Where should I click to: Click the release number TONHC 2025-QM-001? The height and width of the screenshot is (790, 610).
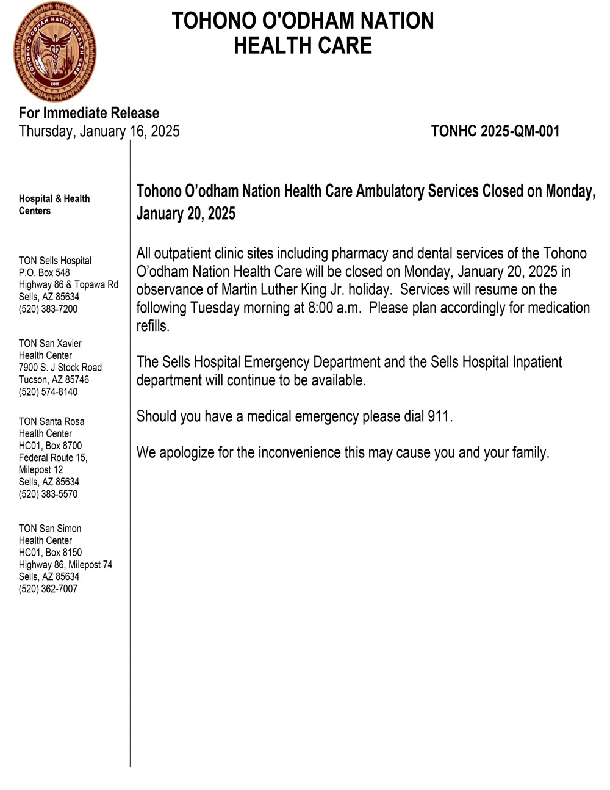[x=495, y=131]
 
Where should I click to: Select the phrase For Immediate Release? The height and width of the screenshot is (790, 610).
[x=89, y=113]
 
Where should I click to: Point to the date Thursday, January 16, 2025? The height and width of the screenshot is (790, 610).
[x=99, y=131]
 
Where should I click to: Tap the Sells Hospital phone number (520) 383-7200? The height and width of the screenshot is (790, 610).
[x=48, y=309]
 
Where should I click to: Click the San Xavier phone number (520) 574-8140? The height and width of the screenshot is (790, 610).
[x=48, y=392]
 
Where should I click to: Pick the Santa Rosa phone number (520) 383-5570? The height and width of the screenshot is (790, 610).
[x=48, y=494]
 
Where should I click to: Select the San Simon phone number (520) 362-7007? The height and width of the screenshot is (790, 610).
[x=48, y=589]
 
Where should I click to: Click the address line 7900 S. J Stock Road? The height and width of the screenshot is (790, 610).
[x=60, y=368]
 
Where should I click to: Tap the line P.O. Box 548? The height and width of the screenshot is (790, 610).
[x=45, y=273]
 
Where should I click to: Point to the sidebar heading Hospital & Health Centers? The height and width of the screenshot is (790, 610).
[x=54, y=205]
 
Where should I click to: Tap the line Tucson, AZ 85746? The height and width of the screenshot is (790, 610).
[x=54, y=380]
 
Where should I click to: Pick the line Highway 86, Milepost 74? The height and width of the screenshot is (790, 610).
[x=65, y=565]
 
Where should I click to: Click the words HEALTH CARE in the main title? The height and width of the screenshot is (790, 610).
[x=303, y=46]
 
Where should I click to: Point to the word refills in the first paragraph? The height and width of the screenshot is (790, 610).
[x=152, y=326]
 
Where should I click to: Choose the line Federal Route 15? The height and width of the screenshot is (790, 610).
[x=53, y=458]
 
